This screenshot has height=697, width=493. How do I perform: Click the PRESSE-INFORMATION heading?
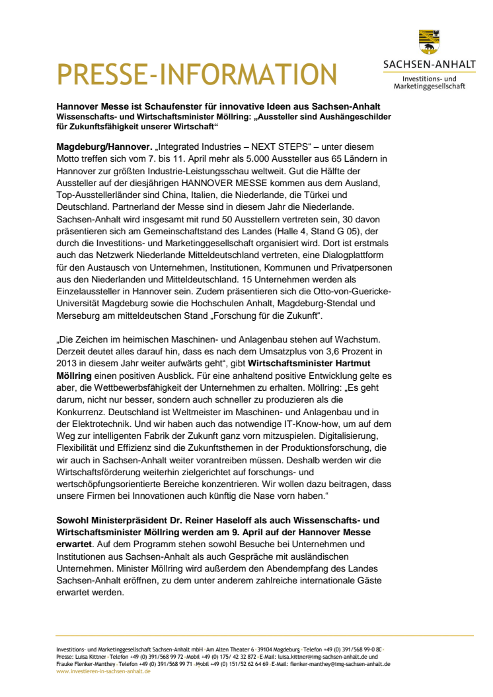point(197,73)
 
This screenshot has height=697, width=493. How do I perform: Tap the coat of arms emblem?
point(428,42)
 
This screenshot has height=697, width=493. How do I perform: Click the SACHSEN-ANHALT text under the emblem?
point(429,65)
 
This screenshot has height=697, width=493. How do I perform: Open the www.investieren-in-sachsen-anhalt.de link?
point(103,671)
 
